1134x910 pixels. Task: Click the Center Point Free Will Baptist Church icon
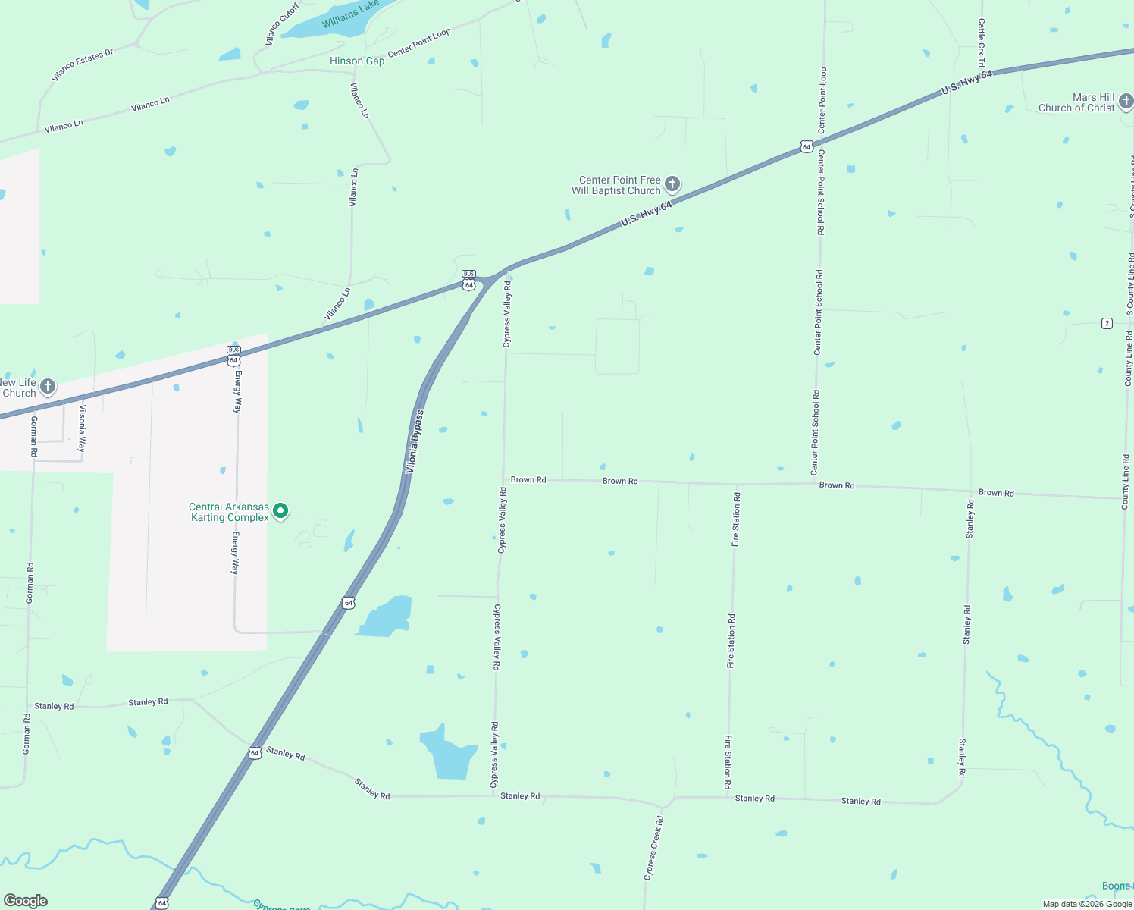point(672,184)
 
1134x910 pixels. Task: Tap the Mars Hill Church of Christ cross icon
point(1126,102)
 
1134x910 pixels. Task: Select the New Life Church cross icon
point(47,387)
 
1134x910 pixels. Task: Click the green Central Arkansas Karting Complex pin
point(280,511)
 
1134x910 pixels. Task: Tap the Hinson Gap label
point(357,61)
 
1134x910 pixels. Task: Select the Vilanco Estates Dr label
point(83,65)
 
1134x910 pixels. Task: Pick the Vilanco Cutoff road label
point(282,24)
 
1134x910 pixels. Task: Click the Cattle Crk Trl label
point(982,42)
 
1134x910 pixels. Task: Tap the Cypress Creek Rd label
point(653,848)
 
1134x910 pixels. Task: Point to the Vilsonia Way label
point(82,429)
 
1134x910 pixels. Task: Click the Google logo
point(25,901)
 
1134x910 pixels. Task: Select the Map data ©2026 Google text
point(1087,904)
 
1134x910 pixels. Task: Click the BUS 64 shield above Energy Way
point(233,356)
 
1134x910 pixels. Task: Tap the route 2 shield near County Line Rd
point(1107,324)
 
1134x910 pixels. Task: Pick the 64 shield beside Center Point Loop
point(807,146)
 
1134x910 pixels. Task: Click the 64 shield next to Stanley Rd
point(255,753)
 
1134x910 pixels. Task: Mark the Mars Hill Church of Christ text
point(1076,102)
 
